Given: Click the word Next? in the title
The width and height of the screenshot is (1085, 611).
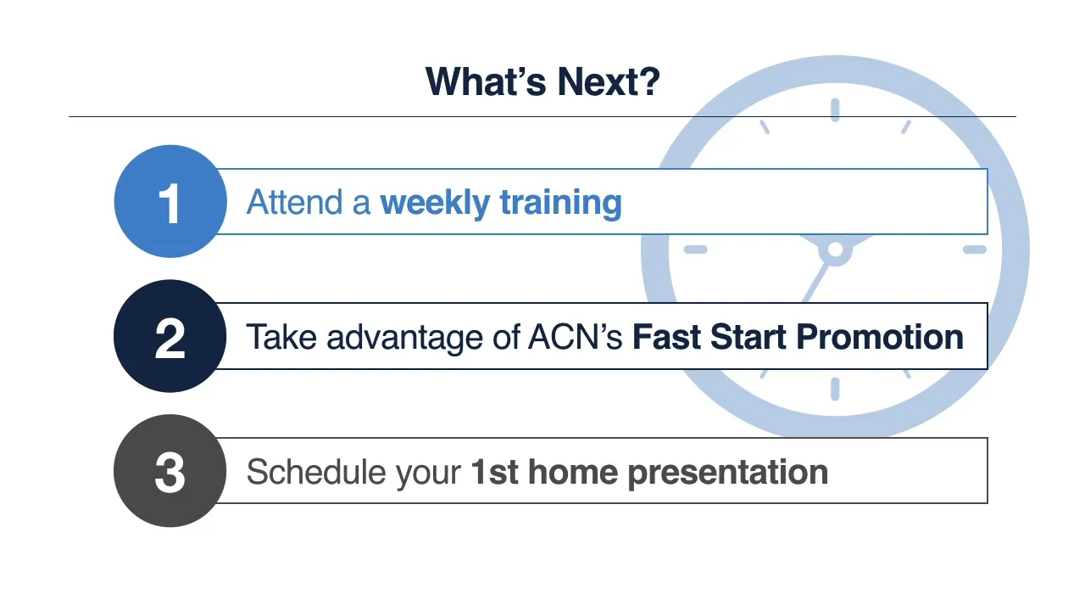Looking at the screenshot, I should pos(609,81).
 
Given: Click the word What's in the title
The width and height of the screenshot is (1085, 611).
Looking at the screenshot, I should pos(487,81).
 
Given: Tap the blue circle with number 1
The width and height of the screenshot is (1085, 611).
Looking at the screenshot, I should pos(170,202).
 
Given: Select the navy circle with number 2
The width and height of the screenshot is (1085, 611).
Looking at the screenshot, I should pos(170,337).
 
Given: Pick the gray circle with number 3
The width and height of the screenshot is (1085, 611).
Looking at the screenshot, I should pos(170,471).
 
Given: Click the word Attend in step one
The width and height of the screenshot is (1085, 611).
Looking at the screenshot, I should pos(296,203).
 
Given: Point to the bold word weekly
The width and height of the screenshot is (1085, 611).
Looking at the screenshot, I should pos(435,203).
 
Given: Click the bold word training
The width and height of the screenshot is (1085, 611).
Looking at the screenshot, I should pos(560,203).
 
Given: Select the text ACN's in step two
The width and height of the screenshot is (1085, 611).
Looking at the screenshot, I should pos(576,338).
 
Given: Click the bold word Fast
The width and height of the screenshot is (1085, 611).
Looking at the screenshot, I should pos(666,338).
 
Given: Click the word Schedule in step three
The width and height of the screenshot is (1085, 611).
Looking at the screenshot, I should pos(310,472).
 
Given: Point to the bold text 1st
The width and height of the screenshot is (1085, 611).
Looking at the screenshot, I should pos(494,472).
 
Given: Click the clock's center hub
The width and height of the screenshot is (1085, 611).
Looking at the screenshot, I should pos(835,249).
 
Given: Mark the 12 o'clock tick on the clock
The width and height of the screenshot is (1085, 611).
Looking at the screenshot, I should pos(835,110).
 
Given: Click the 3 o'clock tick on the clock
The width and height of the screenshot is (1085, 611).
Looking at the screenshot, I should pos(975,249).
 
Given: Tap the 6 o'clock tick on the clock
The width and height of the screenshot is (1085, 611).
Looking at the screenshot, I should pos(835,389).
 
